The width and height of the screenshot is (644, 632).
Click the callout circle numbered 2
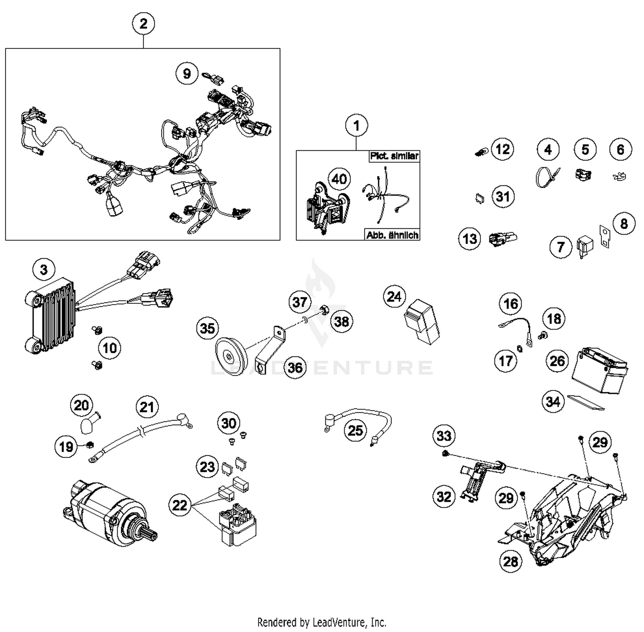pos(143,24)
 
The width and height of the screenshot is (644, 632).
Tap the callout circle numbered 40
pos(339,179)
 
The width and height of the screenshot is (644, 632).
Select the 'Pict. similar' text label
pos(394,156)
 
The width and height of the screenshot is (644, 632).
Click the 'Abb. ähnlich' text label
pos(392,235)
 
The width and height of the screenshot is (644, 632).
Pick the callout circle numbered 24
pos(394,296)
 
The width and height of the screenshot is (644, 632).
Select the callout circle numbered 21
pos(147,407)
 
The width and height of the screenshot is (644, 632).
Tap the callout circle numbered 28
pos(510,561)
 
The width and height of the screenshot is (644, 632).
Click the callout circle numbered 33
pos(444,436)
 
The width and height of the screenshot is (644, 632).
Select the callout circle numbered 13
pos(470,239)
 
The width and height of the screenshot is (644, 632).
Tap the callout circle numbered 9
pos(187,73)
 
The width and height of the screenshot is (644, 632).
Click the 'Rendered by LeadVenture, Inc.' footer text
pos(322,622)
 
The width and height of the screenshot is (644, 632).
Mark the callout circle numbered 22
pos(180,505)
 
